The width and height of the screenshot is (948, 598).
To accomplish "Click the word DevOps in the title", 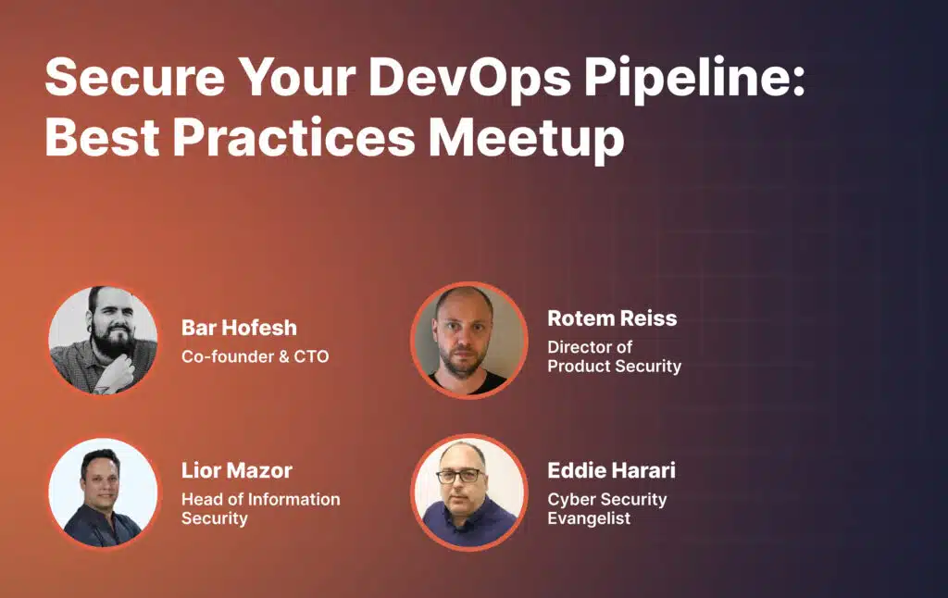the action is pyautogui.click(x=469, y=78).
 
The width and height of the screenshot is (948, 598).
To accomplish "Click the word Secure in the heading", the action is pyautogui.click(x=135, y=78).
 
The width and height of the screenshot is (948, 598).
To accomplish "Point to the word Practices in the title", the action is pyautogui.click(x=293, y=137).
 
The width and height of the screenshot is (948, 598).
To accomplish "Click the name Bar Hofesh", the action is pyautogui.click(x=240, y=328).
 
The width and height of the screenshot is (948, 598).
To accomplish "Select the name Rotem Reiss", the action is pyautogui.click(x=612, y=318).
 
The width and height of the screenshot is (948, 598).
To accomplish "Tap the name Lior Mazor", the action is pyautogui.click(x=237, y=470).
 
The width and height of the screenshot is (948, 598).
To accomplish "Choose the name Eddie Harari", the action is pyautogui.click(x=611, y=470).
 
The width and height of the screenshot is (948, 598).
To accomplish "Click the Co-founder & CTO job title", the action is pyautogui.click(x=256, y=356).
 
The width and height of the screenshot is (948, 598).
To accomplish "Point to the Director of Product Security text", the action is pyautogui.click(x=615, y=356).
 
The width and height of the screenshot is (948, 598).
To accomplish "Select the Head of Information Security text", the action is pyautogui.click(x=260, y=508).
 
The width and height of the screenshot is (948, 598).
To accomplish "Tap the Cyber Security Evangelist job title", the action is pyautogui.click(x=607, y=508).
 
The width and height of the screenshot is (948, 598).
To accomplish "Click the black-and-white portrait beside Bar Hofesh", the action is pyautogui.click(x=103, y=341).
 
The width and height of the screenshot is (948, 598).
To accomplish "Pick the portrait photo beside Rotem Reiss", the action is pyautogui.click(x=469, y=341).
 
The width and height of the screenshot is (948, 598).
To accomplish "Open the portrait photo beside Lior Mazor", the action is pyautogui.click(x=103, y=492).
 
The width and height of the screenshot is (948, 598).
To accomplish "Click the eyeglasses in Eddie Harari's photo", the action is pyautogui.click(x=460, y=476).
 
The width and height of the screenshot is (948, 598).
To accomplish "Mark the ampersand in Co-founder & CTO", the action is pyautogui.click(x=283, y=356).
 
